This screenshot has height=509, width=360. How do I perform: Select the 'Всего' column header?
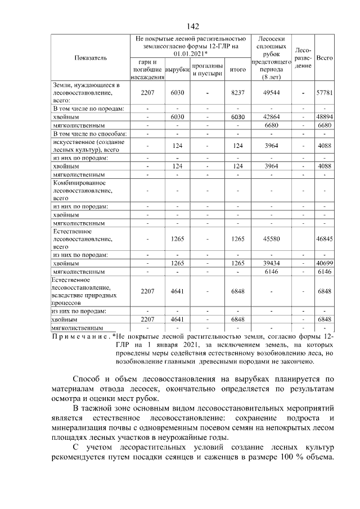coord(325,58)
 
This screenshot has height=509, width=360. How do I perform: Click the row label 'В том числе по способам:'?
coord(90,134)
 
